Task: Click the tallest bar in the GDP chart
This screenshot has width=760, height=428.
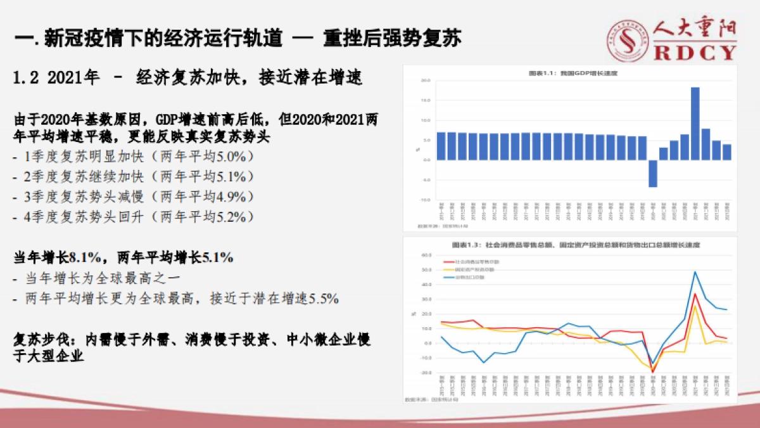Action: (x=695, y=123)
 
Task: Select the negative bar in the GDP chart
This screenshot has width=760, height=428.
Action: (x=652, y=173)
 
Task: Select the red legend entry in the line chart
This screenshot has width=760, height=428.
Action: (x=465, y=262)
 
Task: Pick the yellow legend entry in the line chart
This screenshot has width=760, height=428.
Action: (x=465, y=269)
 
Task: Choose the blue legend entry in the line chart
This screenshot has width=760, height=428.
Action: (x=465, y=277)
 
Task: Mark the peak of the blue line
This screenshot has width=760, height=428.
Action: (x=695, y=271)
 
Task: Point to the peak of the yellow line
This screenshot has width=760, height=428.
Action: (x=695, y=306)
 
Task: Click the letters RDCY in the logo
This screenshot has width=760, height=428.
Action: (x=695, y=52)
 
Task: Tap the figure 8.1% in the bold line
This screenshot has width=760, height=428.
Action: (x=84, y=258)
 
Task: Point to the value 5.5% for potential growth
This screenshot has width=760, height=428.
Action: (x=323, y=298)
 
